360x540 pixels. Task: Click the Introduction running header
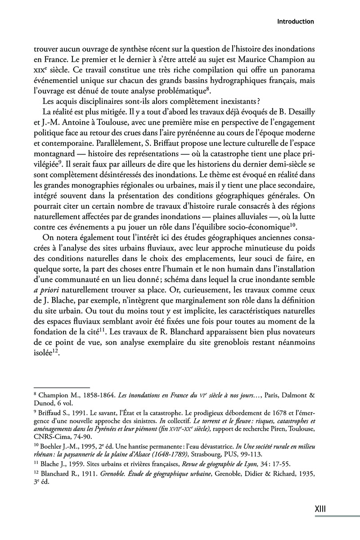(295, 21)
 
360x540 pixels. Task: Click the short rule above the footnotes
(62, 386)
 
